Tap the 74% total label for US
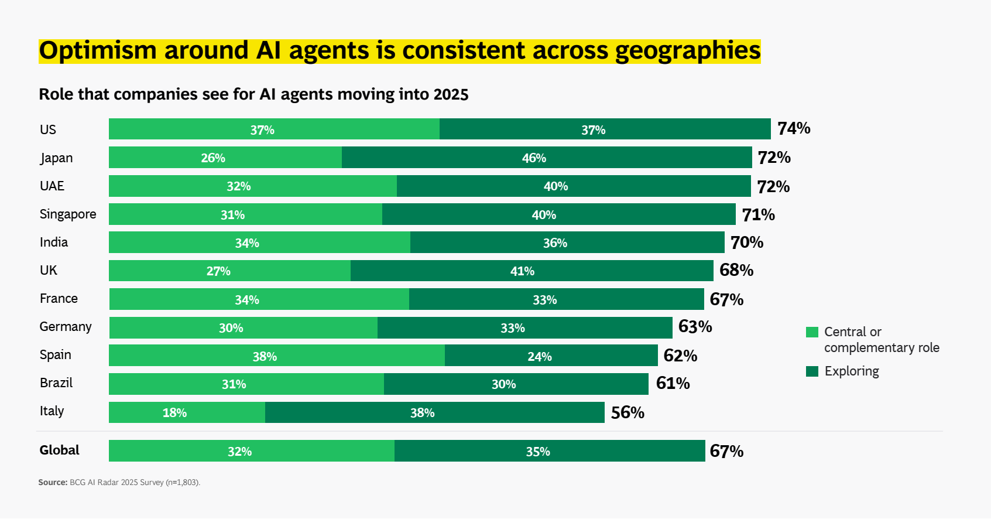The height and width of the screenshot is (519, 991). point(794,128)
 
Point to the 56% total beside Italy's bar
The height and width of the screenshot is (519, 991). point(627,412)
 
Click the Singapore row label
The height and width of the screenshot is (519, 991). point(68,214)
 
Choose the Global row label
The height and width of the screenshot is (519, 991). point(59,450)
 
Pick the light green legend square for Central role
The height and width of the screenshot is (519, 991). point(812,332)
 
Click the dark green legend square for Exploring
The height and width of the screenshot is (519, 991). point(812,371)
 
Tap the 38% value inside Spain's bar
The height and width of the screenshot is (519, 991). point(265,356)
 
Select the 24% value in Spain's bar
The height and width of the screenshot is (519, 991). point(539,356)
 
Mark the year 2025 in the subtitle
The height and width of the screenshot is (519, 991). point(451,94)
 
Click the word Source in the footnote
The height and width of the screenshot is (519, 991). point(53,482)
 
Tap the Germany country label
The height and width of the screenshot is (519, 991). point(66,327)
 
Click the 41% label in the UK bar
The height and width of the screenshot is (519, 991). point(522,271)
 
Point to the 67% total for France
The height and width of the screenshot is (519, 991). point(726,299)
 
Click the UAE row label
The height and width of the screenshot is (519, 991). point(52,186)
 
